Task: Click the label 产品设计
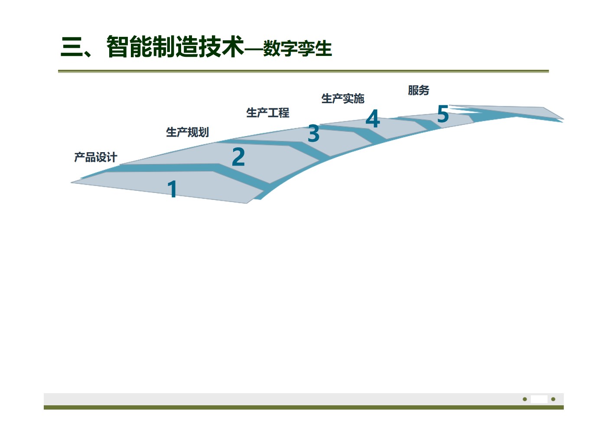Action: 95,157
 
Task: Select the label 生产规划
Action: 187,132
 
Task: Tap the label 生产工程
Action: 267,113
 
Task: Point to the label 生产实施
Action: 342,99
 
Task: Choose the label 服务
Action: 418,90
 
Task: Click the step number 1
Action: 172,189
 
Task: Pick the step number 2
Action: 238,157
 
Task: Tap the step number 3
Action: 313,134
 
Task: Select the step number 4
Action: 373,119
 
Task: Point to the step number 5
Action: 442,114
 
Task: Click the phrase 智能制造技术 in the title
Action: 175,47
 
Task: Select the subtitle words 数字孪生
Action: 297,49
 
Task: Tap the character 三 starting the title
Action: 72,47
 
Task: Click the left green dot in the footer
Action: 525,399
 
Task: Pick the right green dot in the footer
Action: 553,399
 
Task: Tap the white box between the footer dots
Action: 539,399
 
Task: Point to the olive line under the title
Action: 303,71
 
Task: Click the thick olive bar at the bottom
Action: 303,407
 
